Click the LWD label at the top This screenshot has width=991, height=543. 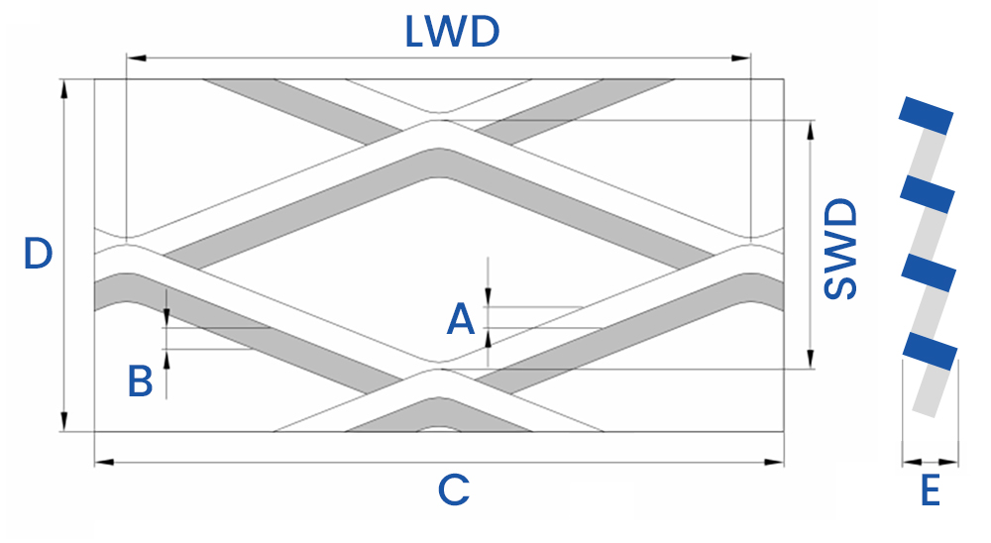(451, 32)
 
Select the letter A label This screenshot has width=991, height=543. (460, 320)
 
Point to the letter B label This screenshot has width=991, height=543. (141, 380)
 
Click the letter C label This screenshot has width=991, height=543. (452, 490)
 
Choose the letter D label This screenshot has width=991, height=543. (38, 254)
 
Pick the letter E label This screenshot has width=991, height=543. (930, 491)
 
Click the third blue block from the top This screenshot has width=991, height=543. (929, 272)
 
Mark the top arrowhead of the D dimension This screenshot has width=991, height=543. (64, 87)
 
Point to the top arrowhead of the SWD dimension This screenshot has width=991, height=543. (812, 129)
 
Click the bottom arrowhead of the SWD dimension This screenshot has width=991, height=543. (812, 360)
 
